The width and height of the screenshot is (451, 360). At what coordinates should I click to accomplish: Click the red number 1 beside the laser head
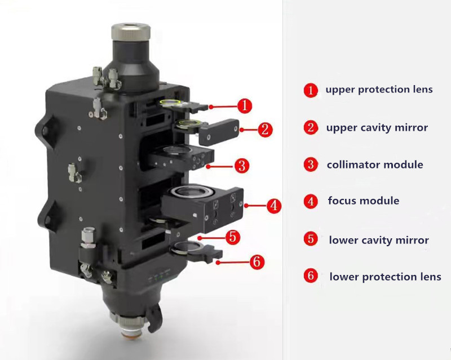244,105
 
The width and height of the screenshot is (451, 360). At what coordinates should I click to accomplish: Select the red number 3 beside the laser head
241,166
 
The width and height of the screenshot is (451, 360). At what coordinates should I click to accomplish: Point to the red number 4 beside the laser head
273,206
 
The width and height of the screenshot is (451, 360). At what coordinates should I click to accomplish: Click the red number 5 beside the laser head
234,237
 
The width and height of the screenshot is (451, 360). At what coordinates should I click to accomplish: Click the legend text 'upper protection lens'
379,90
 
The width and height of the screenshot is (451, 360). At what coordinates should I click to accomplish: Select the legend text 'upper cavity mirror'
377,127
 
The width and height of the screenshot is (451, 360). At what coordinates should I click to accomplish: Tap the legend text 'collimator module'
374,165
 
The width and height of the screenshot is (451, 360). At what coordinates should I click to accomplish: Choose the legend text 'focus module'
363,201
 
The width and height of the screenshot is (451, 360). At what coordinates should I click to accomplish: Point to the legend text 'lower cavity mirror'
379,240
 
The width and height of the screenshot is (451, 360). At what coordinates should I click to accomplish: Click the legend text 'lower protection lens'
385,277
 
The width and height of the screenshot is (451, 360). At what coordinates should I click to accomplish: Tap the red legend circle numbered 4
310,201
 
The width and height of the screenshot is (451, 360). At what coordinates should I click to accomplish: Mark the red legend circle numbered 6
310,277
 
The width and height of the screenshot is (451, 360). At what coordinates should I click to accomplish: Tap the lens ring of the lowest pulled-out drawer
183,246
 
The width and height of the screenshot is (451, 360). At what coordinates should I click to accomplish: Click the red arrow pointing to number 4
254,206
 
